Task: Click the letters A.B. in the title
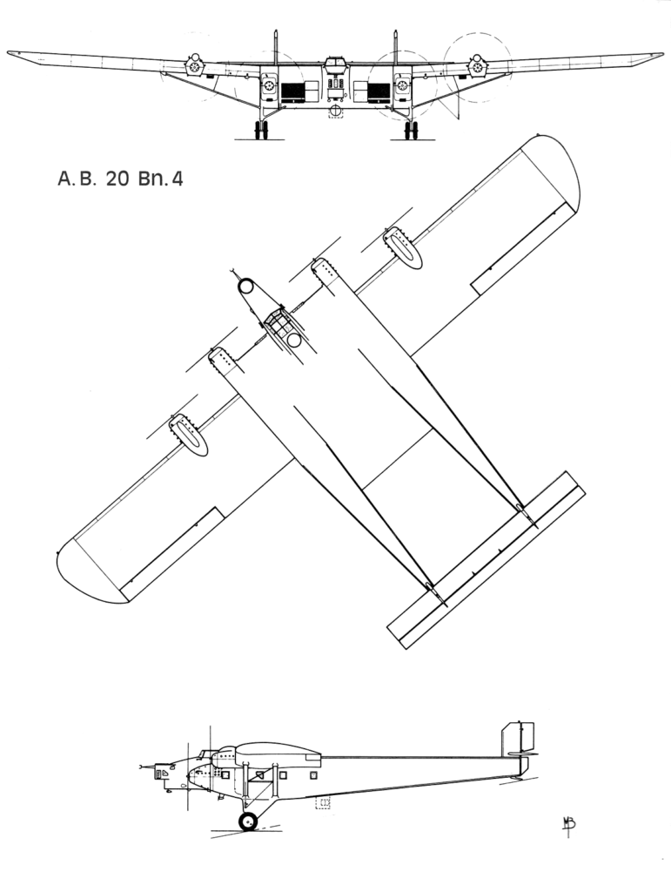click(x=76, y=180)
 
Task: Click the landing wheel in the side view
click(x=248, y=821)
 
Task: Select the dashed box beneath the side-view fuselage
click(x=323, y=802)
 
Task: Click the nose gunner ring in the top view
click(x=246, y=286)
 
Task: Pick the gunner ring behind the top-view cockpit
click(x=296, y=340)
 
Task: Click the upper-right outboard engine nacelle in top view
click(x=403, y=247)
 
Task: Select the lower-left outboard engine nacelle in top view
click(x=189, y=435)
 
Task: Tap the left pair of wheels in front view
click(x=260, y=130)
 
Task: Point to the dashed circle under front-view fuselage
click(x=336, y=111)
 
